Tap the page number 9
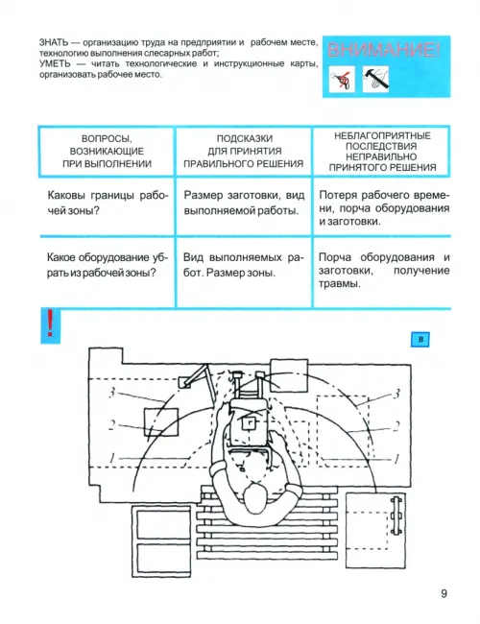[444, 593]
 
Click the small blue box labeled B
[420, 340]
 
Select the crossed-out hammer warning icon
[375, 79]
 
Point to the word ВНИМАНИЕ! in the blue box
[384, 51]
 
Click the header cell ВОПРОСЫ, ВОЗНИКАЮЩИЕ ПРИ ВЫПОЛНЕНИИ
[108, 152]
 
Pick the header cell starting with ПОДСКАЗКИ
[244, 152]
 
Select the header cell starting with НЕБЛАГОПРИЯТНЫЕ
[382, 152]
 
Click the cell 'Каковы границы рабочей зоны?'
[108, 203]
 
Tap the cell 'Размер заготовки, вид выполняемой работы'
[244, 203]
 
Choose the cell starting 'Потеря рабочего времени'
[384, 208]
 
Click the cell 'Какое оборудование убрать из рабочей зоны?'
[108, 265]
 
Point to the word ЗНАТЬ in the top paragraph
[54, 42]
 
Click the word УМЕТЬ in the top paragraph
[55, 63]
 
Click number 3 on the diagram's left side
[112, 393]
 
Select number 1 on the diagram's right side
[396, 459]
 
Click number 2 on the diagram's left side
[112, 425]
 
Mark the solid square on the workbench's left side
[160, 421]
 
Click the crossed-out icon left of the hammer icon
[342, 79]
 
